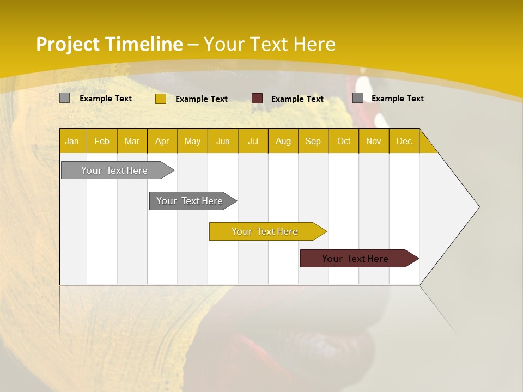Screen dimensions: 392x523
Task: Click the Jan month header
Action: click(x=72, y=141)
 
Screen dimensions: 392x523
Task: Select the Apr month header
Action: click(x=162, y=141)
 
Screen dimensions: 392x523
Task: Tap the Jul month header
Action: click(x=253, y=141)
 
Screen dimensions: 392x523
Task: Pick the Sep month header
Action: click(x=313, y=141)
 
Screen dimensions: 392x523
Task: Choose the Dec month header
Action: click(x=404, y=141)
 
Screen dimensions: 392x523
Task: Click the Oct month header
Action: click(x=344, y=141)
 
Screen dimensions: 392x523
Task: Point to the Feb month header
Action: click(x=102, y=141)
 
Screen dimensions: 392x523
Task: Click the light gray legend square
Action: click(x=64, y=98)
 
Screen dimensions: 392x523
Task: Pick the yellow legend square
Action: click(x=160, y=99)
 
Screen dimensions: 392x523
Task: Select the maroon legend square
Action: click(x=257, y=99)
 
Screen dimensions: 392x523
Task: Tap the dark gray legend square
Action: click(x=358, y=98)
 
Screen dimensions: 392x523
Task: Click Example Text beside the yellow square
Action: click(x=201, y=99)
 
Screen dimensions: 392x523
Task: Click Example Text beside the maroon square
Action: click(x=297, y=99)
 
